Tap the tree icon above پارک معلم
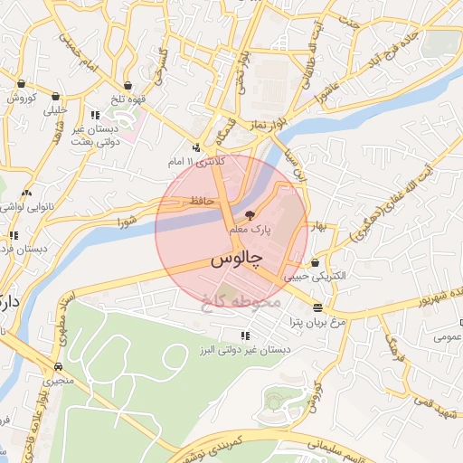pyautogui.click(x=250, y=214)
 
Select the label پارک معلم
pyautogui.click(x=250, y=230)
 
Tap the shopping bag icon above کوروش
pyautogui.click(x=20, y=84)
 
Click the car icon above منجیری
pyautogui.click(x=59, y=367)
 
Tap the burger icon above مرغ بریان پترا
pyautogui.click(x=316, y=307)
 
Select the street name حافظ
pyautogui.click(x=201, y=200)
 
